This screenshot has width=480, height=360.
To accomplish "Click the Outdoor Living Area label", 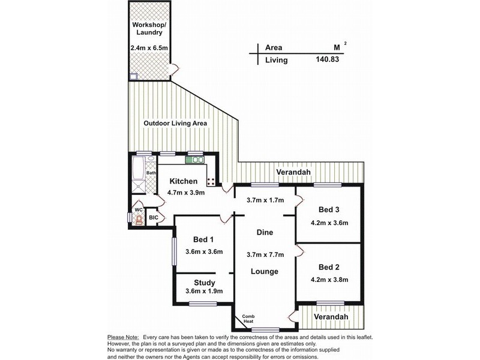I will [x=175, y=123].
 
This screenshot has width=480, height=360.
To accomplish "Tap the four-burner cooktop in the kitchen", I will [x=212, y=179].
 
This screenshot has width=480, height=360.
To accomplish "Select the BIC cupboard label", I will [x=154, y=217].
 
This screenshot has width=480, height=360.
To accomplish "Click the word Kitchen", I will [x=183, y=181].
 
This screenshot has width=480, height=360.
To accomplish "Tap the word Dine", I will [x=265, y=232].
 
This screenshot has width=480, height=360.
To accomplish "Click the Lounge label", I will [x=265, y=271].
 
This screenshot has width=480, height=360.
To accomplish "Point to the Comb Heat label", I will [x=248, y=319].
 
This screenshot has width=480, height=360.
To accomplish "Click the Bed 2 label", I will [x=329, y=267].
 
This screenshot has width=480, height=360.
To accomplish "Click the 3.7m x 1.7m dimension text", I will [x=264, y=202].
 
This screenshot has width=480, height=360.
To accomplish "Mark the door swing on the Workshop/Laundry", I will [x=175, y=70].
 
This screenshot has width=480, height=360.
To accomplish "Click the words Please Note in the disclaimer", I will [x=123, y=337].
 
